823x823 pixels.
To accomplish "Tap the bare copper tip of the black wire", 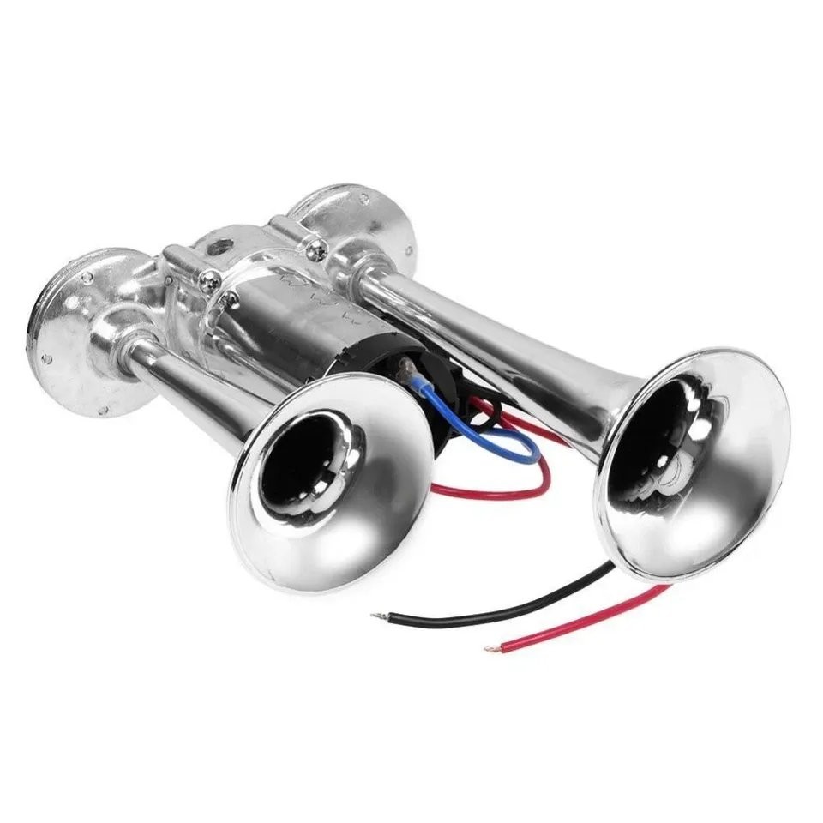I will coord(377,616).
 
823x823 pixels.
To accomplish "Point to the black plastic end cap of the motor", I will coord(377,377).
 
